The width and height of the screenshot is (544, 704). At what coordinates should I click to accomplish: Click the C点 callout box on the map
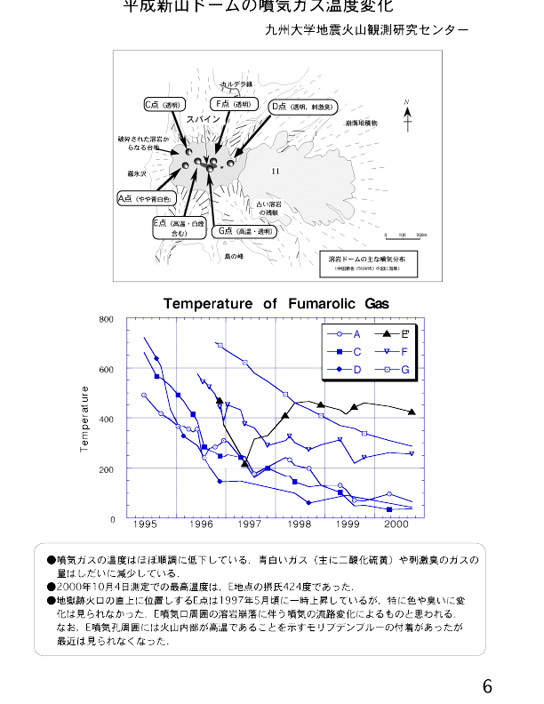164,105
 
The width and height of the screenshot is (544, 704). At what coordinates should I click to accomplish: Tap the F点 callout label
234,104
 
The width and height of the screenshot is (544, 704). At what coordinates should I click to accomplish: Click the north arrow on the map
406,116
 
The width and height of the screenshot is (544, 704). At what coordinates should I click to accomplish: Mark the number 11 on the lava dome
276,171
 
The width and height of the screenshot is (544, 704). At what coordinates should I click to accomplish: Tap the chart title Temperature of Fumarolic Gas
276,304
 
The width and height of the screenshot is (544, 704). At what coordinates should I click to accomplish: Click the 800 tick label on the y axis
107,318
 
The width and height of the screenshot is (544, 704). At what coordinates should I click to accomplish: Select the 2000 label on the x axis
396,526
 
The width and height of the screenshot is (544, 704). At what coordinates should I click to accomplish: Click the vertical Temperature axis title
85,418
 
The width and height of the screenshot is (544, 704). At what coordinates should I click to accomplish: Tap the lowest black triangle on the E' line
245,464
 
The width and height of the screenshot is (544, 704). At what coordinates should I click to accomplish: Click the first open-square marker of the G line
220,345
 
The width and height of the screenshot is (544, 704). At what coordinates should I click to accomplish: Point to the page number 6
487,686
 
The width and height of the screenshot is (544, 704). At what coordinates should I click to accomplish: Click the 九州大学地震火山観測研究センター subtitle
366,30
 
